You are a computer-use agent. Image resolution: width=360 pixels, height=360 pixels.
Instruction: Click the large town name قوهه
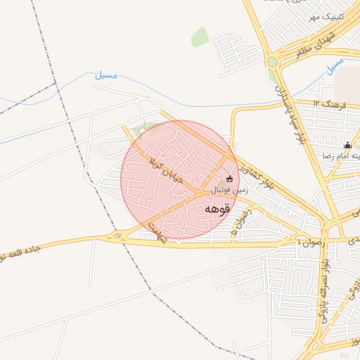click(219, 209)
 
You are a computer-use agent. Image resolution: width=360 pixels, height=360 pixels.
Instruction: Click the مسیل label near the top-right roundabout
click(335, 65)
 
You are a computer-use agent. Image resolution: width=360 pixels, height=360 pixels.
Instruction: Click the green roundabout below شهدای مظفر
click(272, 62)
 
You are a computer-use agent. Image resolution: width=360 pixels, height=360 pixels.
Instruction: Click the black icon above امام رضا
click(347, 146)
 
